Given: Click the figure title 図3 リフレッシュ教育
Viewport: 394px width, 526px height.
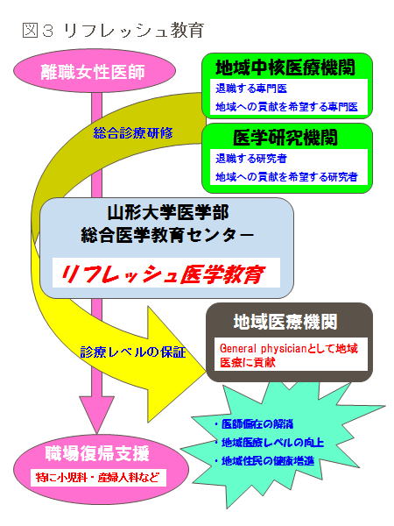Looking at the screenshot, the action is tap(113, 30).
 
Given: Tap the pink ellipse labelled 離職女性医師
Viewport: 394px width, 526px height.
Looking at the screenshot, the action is tap(95, 71).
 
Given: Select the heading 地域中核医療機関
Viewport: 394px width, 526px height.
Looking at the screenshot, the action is tap(285, 68).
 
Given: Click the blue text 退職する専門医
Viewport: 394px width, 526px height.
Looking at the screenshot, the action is tap(251, 89).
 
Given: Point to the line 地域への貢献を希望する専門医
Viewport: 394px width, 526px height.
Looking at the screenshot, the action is tap(286, 107).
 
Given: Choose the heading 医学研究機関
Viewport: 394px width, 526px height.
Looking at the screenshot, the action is tap(285, 138).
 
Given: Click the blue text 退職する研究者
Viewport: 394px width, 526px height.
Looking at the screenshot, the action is tap(251, 159).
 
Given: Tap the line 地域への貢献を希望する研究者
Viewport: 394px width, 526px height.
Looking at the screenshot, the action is tap(286, 176).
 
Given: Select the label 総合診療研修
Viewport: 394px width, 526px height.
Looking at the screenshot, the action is tap(133, 133).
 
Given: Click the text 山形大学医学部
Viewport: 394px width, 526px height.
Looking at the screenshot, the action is tap(168, 213).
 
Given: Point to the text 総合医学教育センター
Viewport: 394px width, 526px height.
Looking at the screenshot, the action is tap(167, 234).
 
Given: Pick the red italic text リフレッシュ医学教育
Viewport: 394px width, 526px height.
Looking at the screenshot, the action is tap(163, 274).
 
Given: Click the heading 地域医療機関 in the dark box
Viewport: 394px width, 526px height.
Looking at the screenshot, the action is tap(285, 322).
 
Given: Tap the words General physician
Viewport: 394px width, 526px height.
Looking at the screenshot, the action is tap(263, 348).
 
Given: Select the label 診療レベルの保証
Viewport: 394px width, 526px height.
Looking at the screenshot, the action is tap(133, 352).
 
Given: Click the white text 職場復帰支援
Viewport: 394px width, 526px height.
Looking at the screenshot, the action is tap(97, 453).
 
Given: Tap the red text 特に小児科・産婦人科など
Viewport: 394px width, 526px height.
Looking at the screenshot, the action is tap(97, 477).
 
